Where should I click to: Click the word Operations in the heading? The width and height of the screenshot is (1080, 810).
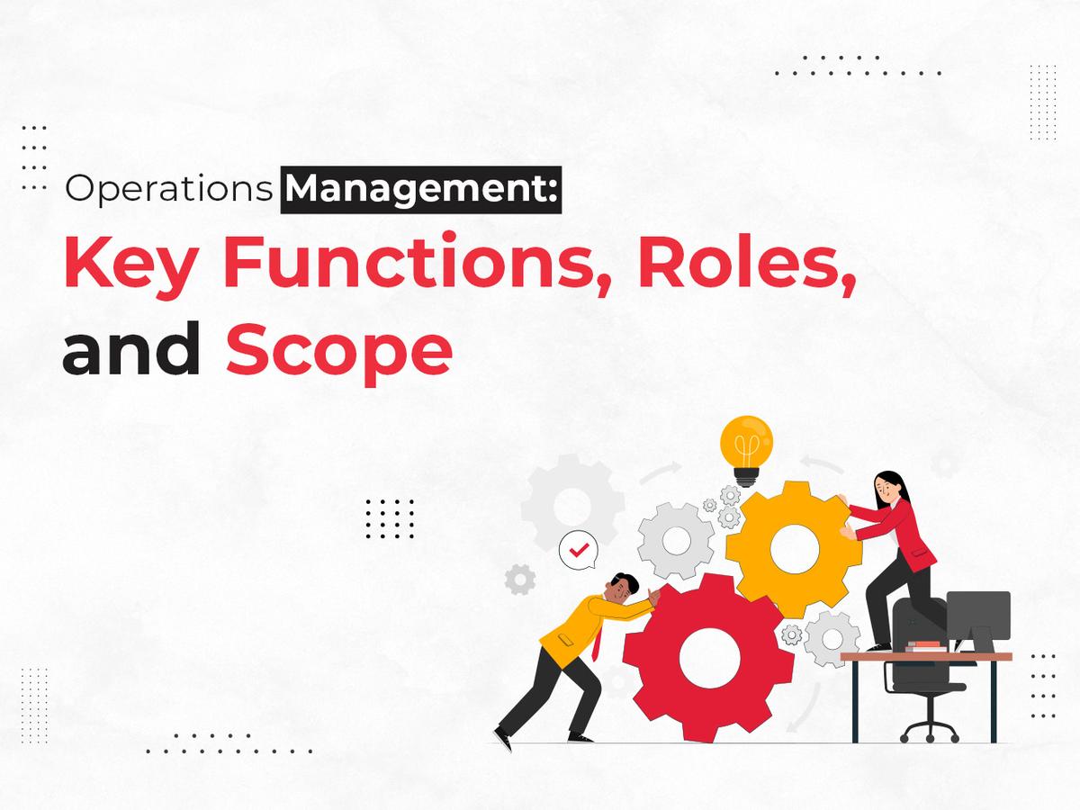[x=168, y=192]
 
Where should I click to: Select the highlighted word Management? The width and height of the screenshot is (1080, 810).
[x=420, y=192]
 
